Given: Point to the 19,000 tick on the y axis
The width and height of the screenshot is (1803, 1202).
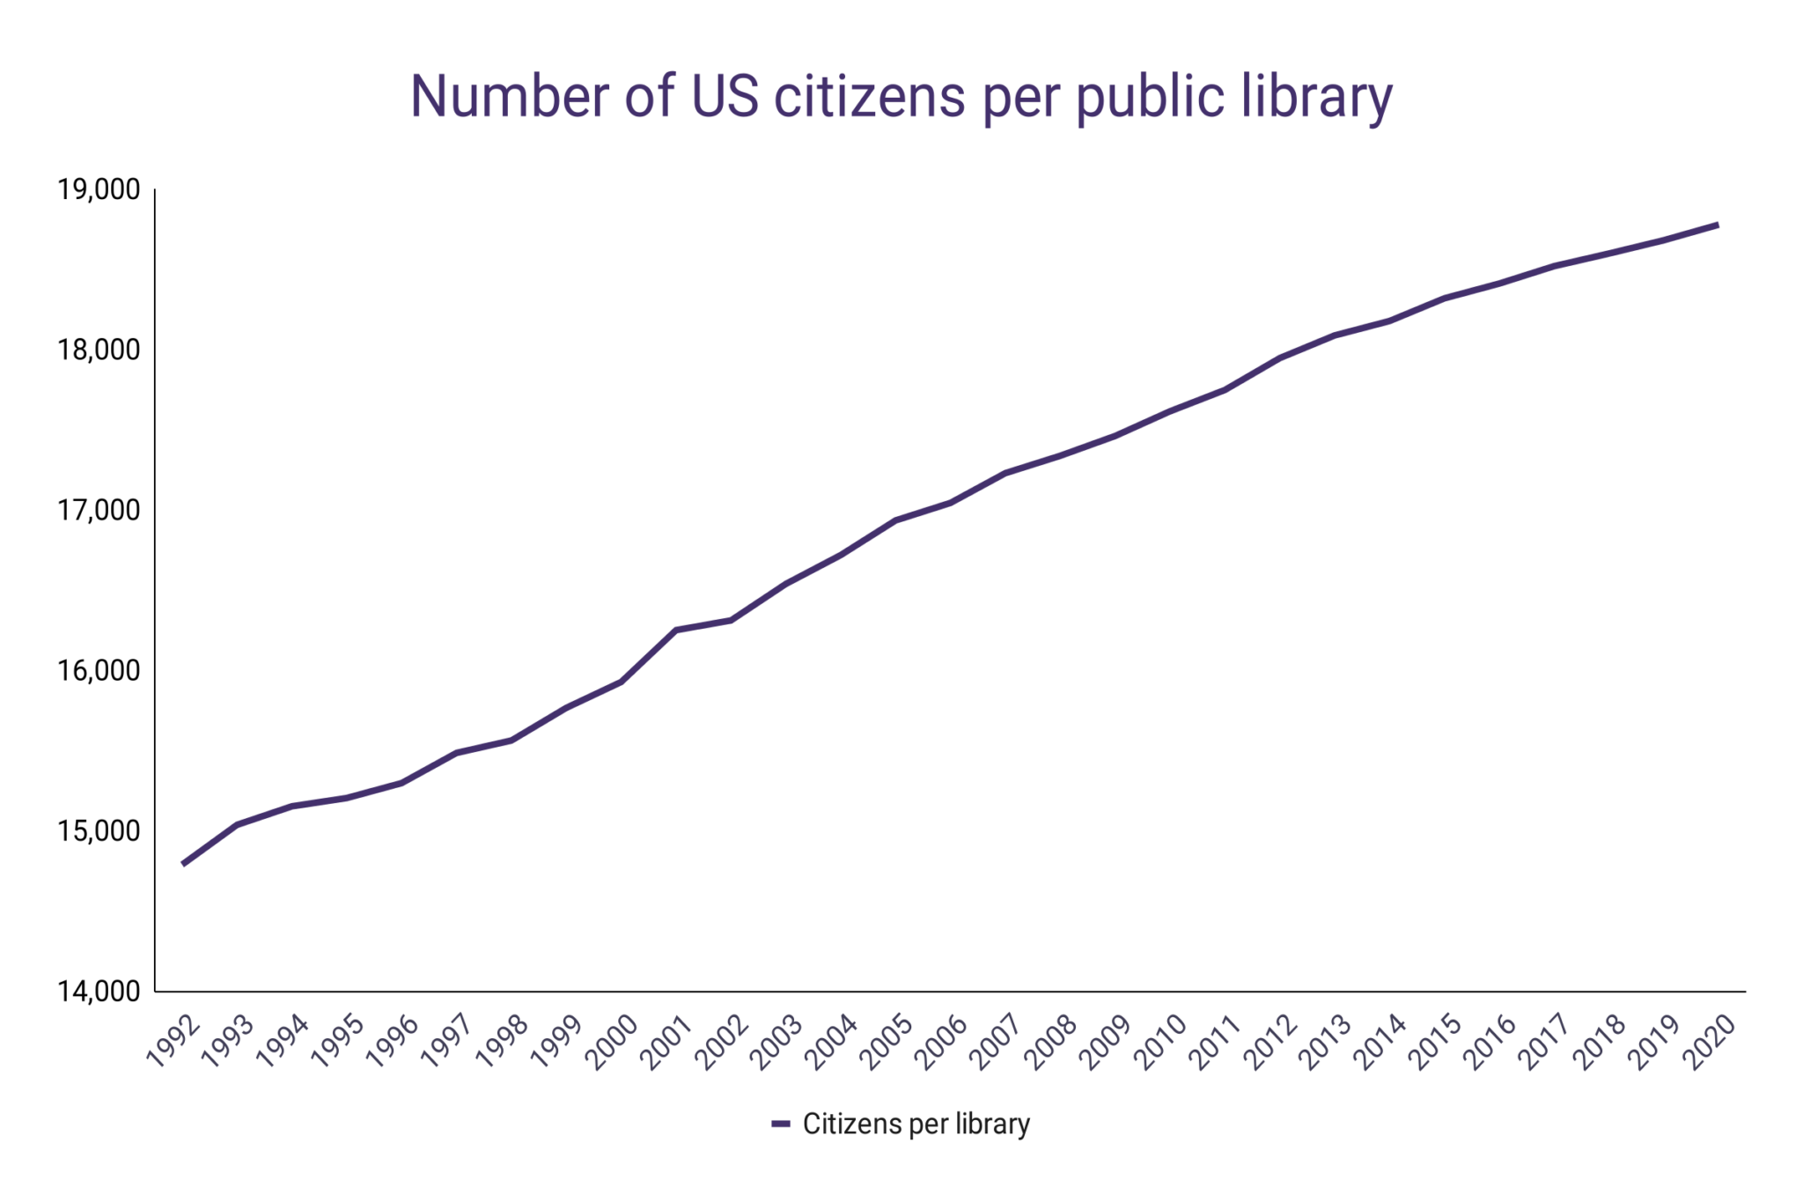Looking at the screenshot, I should (99, 189).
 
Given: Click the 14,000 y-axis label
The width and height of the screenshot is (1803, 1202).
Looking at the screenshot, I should (99, 992).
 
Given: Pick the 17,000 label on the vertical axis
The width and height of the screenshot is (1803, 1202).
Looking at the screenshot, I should (99, 510).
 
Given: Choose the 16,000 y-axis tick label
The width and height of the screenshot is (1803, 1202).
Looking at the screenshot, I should (99, 670).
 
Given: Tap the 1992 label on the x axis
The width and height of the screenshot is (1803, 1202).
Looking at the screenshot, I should (173, 1042).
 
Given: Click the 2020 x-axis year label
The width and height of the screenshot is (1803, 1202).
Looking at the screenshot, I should (1709, 1042).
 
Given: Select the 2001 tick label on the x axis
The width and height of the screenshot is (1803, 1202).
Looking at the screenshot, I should (667, 1042).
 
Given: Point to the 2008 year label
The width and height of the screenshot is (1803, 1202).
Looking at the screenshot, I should (1051, 1042).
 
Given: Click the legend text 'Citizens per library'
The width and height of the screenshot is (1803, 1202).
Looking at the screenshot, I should (916, 1125).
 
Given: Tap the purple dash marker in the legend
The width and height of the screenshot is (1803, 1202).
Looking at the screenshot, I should (780, 1125).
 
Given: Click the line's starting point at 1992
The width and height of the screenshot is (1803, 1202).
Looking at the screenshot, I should (183, 864).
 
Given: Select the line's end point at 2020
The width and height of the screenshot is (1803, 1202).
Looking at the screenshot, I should (1718, 225).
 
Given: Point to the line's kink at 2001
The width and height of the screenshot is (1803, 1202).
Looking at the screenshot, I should (675, 630).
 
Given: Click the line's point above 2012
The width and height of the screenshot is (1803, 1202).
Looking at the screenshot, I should (1279, 358).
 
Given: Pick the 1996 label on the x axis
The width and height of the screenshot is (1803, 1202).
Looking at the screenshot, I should (393, 1042).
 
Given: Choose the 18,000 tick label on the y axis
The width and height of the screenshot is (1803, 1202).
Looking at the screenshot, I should (99, 350).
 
